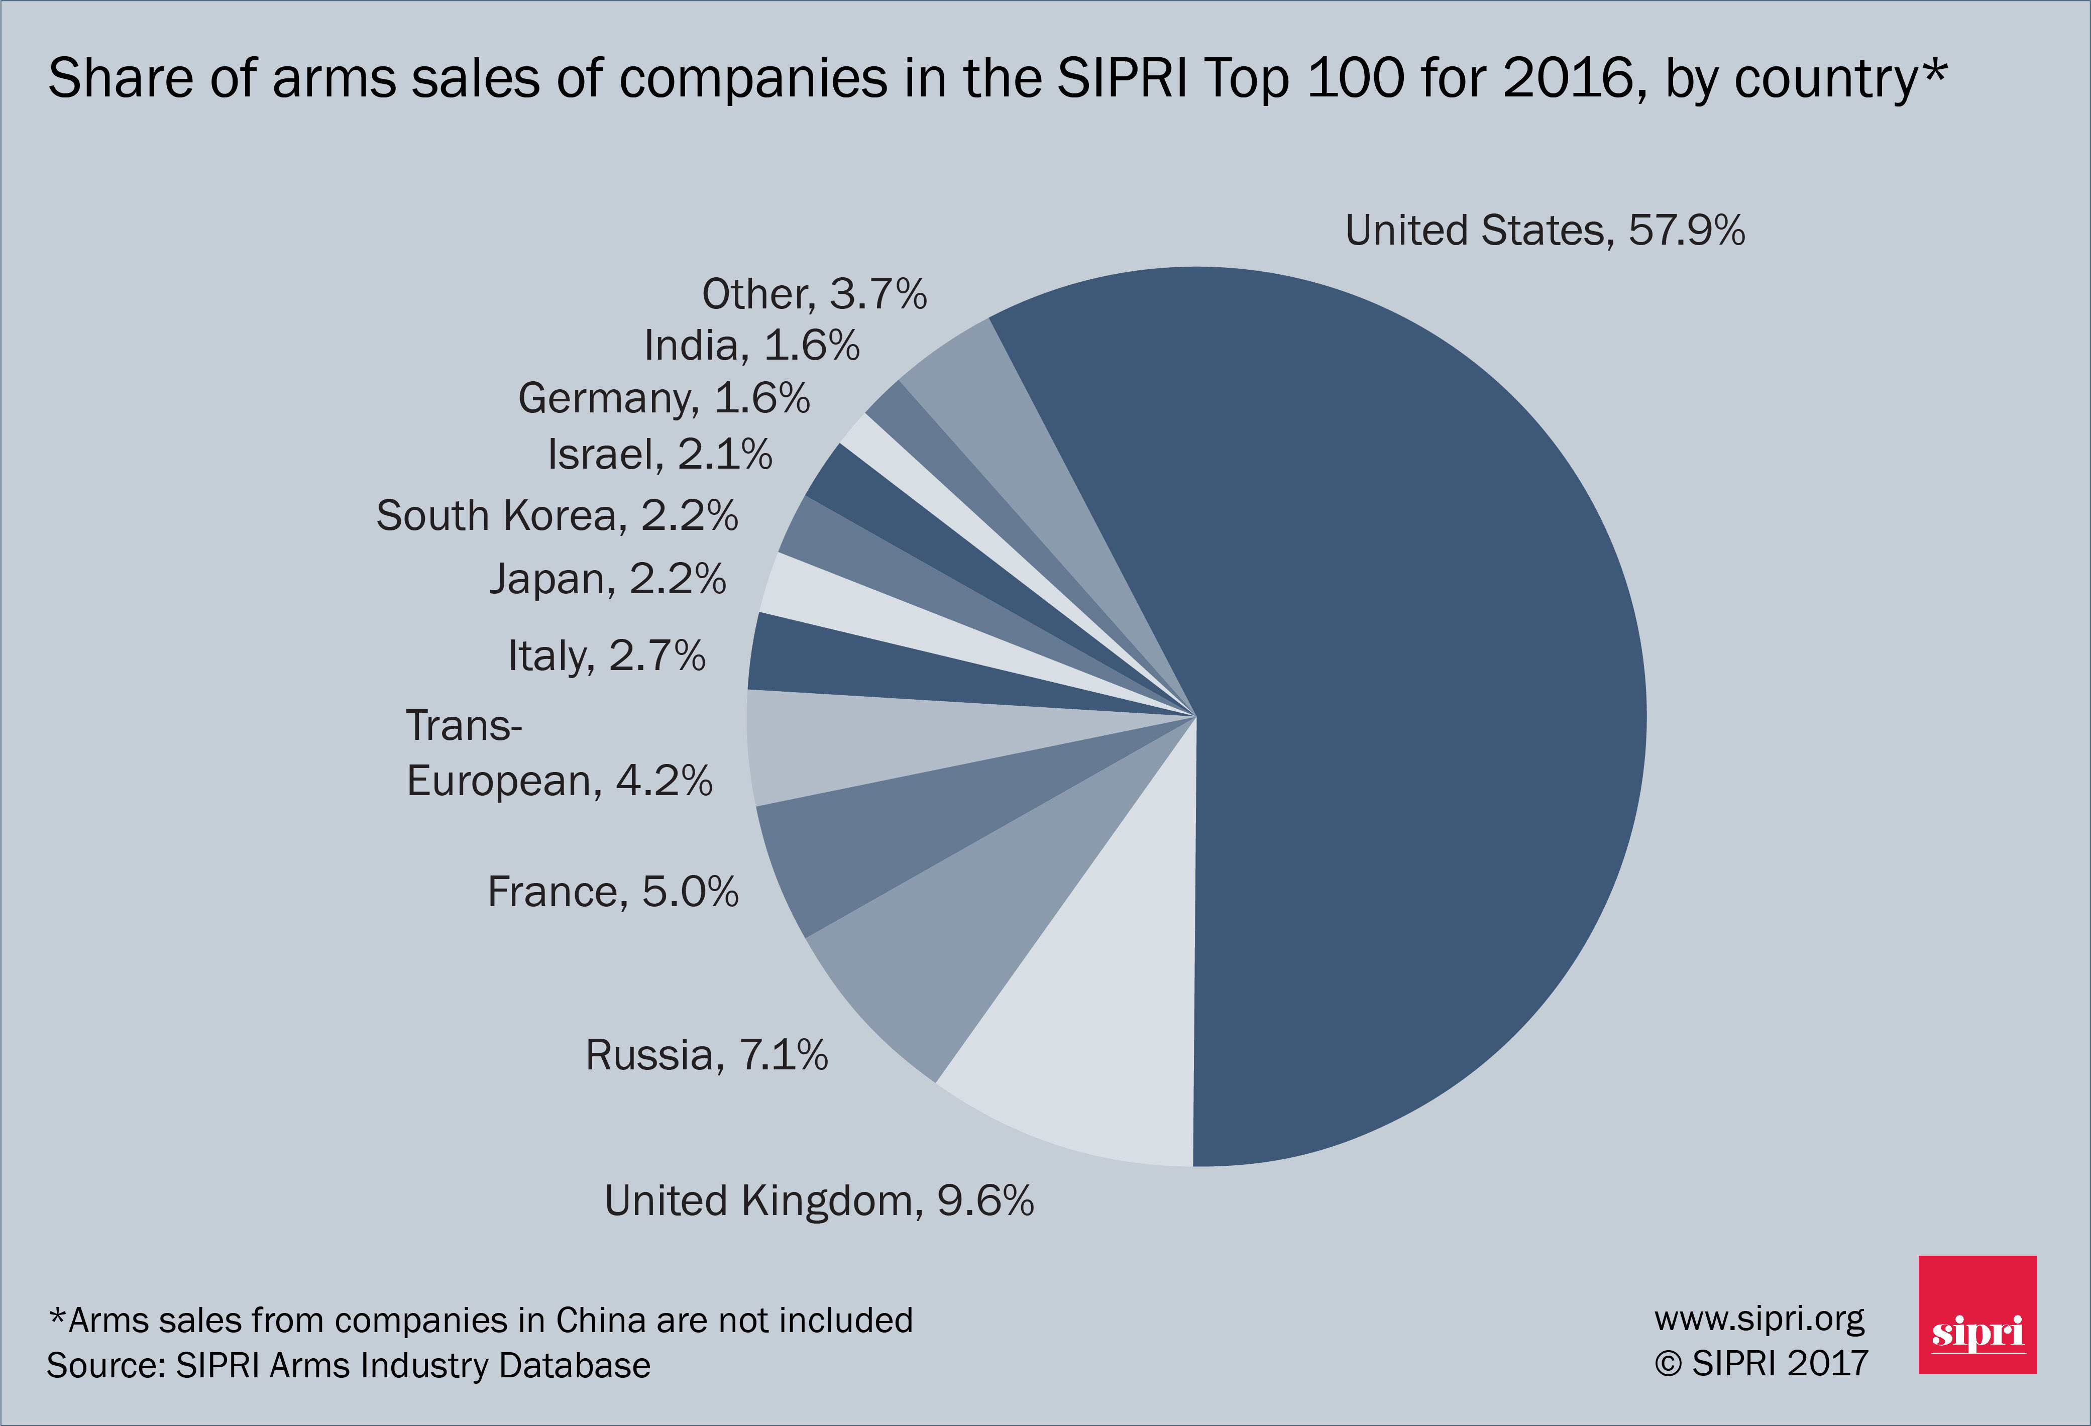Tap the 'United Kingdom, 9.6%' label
tap(819, 1201)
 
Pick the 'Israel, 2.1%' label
tap(659, 455)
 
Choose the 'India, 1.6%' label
tap(751, 346)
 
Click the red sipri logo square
tap(1977, 1314)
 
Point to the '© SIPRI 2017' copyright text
tap(1761, 1364)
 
